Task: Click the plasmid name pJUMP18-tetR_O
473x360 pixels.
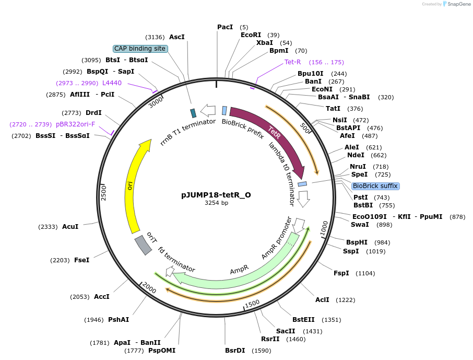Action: (216, 195)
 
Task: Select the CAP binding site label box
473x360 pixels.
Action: (140, 49)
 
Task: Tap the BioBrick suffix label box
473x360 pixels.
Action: (375, 186)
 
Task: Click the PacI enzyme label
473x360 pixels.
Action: (225, 27)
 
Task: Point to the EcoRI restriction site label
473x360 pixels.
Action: (251, 35)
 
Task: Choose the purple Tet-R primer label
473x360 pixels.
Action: (292, 62)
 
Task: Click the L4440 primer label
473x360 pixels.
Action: (112, 83)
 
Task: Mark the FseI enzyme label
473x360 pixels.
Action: (81, 260)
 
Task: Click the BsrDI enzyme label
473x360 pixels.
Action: (235, 351)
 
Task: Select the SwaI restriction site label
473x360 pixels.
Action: (360, 225)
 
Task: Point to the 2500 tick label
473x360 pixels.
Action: (103, 192)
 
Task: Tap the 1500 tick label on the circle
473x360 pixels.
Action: (252, 303)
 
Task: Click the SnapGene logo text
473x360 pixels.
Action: (457, 4)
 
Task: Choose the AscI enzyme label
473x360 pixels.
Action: (177, 37)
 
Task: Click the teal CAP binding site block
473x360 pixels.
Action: (193, 113)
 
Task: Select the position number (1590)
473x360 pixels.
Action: (261, 351)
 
